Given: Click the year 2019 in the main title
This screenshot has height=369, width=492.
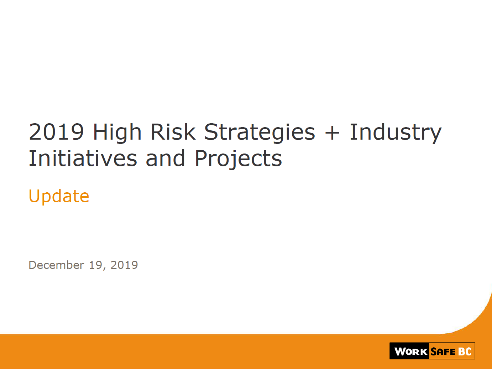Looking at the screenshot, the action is point(56,132).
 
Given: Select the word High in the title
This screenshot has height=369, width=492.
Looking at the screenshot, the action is point(117,133).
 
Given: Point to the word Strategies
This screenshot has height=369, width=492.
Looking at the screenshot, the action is point(260,133).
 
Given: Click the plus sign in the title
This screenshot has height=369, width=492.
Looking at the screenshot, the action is point(332,133).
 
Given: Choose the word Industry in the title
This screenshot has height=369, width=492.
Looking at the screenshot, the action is point(396,133).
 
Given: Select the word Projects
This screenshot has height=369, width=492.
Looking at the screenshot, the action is point(239,159).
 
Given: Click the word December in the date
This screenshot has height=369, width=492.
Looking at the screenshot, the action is point(56,265).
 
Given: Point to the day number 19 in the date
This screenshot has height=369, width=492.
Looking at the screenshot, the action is point(96,265).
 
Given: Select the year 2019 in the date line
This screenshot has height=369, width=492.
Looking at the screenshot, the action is point(124,265).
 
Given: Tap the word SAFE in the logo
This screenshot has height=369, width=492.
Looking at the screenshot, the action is point(443,352).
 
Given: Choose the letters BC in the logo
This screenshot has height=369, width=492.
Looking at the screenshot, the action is point(465,352).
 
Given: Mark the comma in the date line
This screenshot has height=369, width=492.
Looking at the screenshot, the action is point(104,269).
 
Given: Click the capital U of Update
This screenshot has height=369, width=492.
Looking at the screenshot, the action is point(34,196).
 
